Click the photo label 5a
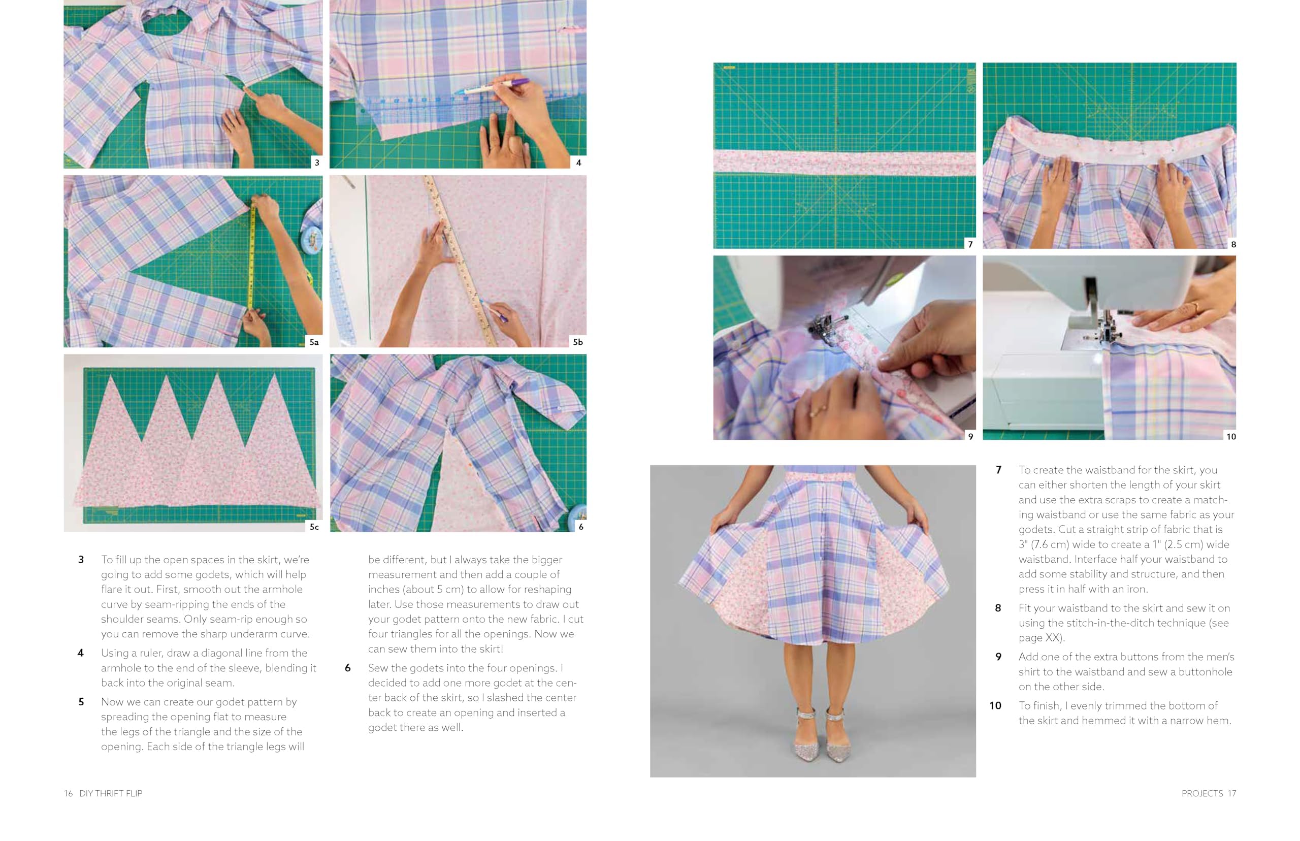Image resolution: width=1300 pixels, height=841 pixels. (x=313, y=342)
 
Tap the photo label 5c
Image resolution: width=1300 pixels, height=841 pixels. (x=314, y=527)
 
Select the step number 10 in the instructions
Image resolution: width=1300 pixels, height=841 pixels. (x=995, y=705)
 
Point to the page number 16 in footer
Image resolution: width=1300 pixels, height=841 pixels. (x=68, y=793)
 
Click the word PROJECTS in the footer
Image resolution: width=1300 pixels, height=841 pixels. (x=1201, y=793)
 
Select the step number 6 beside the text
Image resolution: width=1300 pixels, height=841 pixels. (x=347, y=668)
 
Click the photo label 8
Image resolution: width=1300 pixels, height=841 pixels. (x=1233, y=244)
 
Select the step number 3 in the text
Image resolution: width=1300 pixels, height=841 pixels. (x=81, y=559)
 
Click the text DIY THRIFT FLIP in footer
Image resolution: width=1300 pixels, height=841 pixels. (x=110, y=793)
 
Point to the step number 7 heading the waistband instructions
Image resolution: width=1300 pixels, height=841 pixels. (x=998, y=470)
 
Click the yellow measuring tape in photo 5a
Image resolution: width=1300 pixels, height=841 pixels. (x=252, y=256)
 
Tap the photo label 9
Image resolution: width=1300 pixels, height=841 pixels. (x=970, y=436)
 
